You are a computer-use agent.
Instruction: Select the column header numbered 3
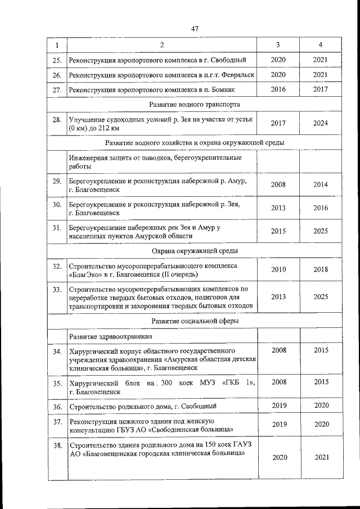(278, 45)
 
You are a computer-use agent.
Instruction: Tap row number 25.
(56, 60)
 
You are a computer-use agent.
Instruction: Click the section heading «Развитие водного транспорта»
(195, 105)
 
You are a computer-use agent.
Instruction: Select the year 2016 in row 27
(278, 89)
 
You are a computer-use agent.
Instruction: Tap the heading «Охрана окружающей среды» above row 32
(195, 250)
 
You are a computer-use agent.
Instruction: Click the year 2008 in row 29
(278, 184)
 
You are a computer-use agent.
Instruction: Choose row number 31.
(56, 228)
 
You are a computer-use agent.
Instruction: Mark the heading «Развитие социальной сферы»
(195, 321)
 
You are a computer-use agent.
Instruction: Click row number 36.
(56, 406)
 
